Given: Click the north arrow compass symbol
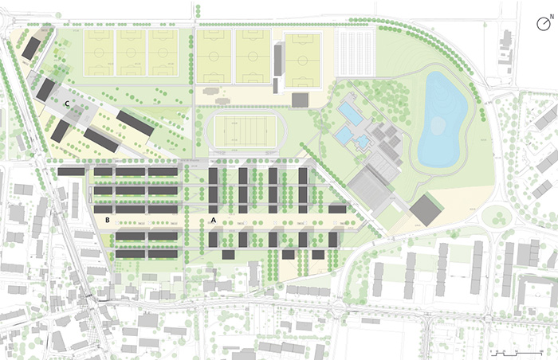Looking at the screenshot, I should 544,23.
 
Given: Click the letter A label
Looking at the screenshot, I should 213,218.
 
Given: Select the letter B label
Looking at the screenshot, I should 106,218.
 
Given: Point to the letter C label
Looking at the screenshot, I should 68,103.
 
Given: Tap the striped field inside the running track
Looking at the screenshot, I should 237,132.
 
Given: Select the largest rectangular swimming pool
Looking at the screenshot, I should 348,112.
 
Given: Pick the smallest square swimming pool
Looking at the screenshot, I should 363,142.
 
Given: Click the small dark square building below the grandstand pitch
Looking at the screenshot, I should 300,100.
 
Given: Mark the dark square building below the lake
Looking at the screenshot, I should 426,210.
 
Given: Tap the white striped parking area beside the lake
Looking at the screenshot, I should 356,53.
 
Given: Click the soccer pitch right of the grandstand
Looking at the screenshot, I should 303,61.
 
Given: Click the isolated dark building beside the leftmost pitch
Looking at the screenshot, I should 31,49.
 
